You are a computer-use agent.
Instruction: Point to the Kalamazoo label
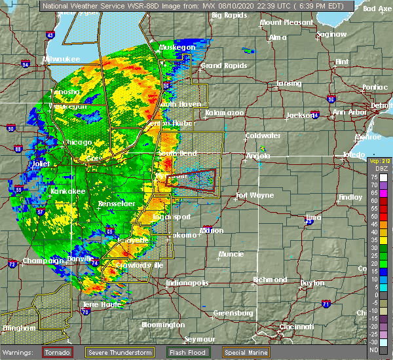[224, 113]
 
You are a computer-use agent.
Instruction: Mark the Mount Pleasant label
[286, 22]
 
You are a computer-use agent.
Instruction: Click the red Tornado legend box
[58, 352]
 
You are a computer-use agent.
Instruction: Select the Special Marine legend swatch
[252, 352]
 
